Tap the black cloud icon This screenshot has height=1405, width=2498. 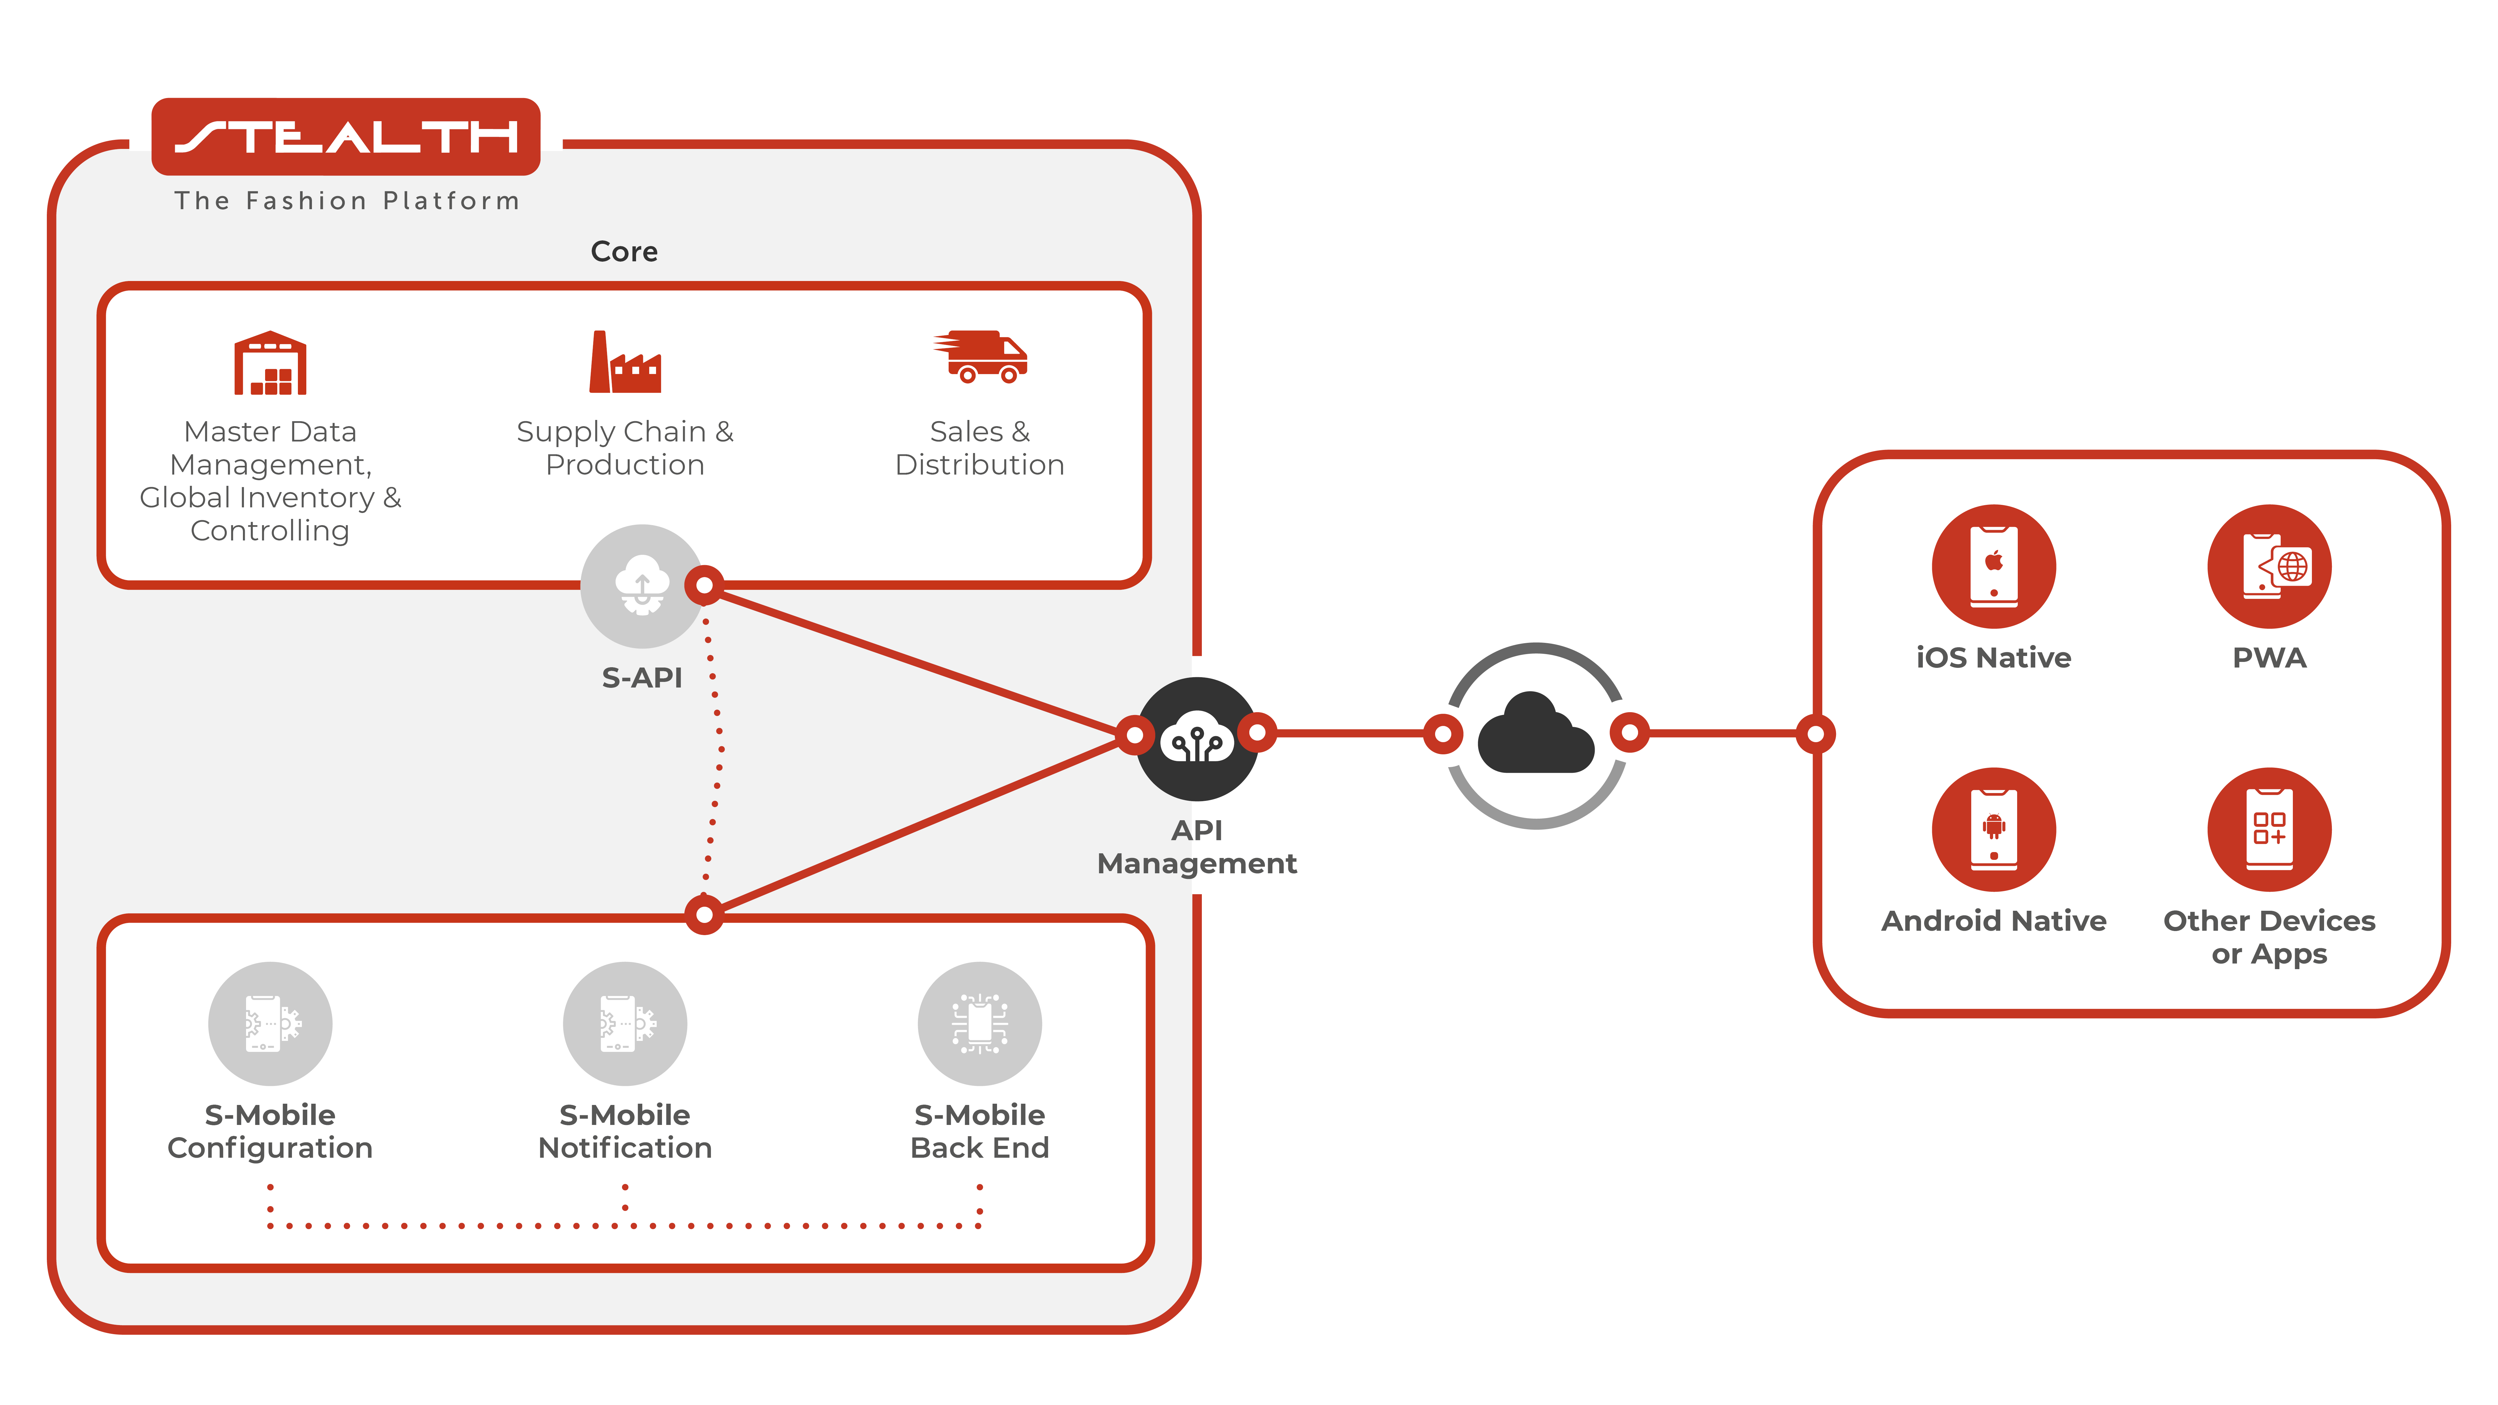[1535, 734]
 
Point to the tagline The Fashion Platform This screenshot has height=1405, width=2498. [346, 201]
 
